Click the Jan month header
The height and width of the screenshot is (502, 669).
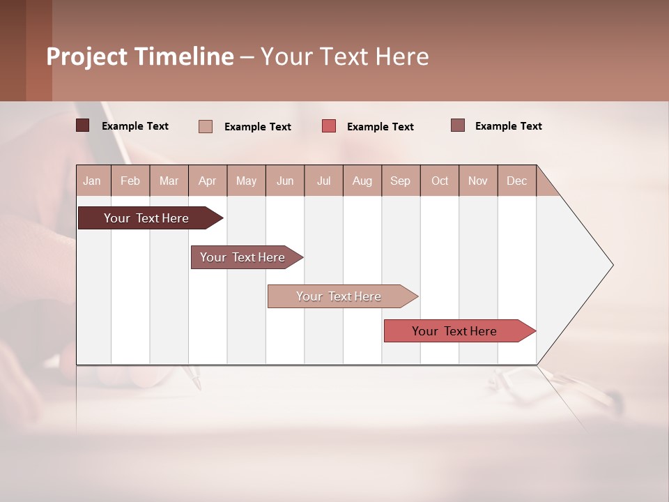click(x=92, y=181)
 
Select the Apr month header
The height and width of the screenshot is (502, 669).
click(x=207, y=181)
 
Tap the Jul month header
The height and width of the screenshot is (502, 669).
click(x=323, y=181)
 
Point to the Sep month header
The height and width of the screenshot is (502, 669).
click(x=400, y=181)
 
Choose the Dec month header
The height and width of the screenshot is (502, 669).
click(x=516, y=181)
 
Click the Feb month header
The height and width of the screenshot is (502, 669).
click(x=130, y=181)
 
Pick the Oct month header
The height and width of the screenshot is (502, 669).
click(x=440, y=181)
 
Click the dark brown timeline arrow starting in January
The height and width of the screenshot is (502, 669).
click(x=146, y=218)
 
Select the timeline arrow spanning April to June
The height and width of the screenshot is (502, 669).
click(x=243, y=257)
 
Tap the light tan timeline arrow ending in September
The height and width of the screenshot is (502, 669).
click(x=339, y=296)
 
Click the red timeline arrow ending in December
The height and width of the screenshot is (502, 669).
click(x=454, y=331)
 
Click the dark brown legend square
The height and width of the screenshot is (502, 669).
click(x=82, y=125)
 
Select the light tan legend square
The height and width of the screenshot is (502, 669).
click(x=206, y=126)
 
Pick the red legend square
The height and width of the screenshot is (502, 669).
click(x=329, y=125)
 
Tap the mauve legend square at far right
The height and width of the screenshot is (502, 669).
click(x=458, y=125)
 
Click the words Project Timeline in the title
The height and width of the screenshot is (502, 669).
click(x=139, y=56)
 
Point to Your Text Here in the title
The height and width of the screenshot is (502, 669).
click(x=345, y=56)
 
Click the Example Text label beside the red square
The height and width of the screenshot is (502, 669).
click(x=380, y=127)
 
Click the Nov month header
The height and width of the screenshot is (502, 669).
click(x=478, y=181)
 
